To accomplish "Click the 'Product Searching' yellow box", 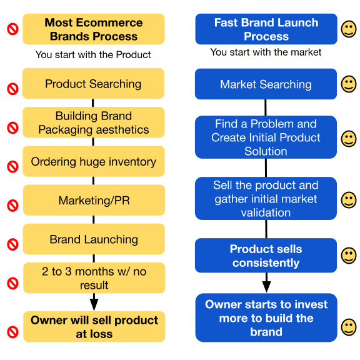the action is point(93,83).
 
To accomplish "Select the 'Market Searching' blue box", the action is point(266,84).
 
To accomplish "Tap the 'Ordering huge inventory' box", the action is point(94,161).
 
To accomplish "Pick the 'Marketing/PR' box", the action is point(94,200).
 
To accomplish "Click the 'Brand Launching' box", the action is point(94,239).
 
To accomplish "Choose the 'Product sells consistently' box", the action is point(266,256).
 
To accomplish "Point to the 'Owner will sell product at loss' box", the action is point(94,327).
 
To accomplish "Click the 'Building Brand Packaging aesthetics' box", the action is point(94,122).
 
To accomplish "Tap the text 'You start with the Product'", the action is point(93,54).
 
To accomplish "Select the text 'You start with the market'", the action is point(266,52).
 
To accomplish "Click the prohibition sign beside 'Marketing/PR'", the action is point(13,206).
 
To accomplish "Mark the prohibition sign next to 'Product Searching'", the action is point(13,89).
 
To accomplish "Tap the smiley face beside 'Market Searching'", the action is point(349,84).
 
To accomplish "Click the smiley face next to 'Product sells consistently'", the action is point(349,256).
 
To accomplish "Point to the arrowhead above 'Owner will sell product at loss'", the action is point(94,304).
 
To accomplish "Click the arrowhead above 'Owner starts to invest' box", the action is point(266,287).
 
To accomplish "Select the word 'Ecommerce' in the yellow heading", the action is point(109,22).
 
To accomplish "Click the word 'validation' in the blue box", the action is point(266,212).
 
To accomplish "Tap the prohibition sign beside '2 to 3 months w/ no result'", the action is point(13,283).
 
